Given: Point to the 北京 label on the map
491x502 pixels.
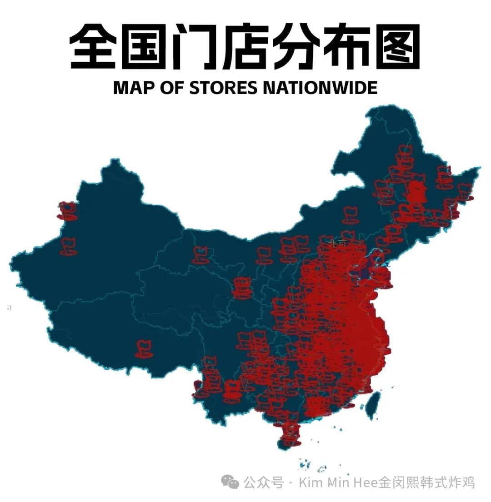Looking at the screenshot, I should (337, 242).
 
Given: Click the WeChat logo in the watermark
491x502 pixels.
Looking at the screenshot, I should (232, 482).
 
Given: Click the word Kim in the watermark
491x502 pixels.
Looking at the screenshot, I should (309, 482).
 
